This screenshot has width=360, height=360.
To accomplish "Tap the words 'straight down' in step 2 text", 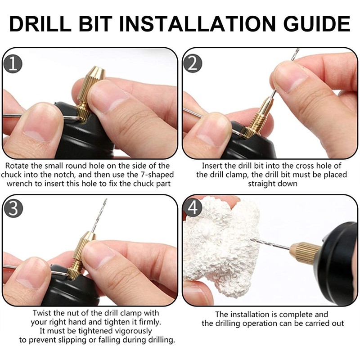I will tap(271, 184).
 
